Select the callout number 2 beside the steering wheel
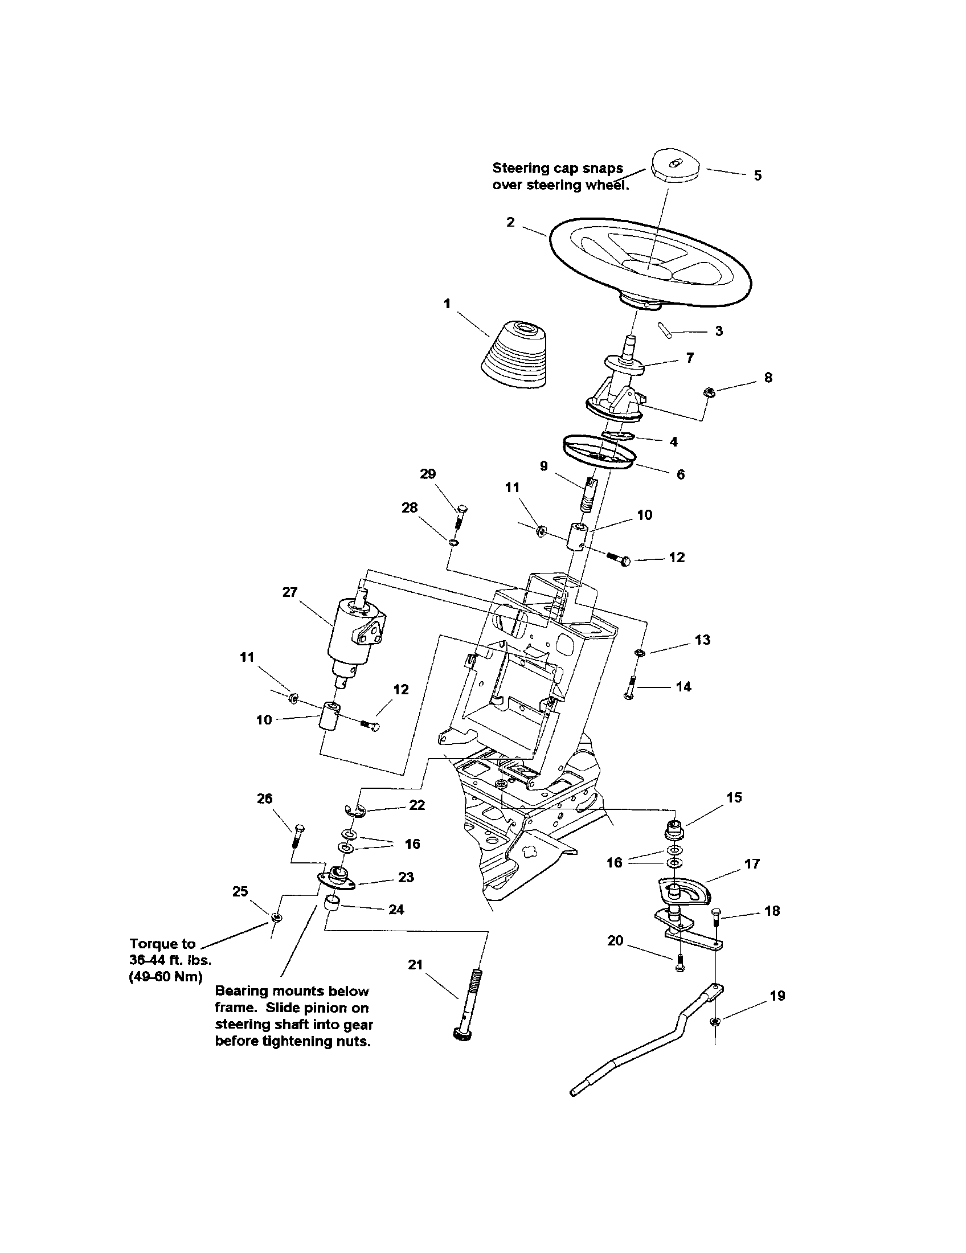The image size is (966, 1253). tap(510, 222)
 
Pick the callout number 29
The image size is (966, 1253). tap(428, 474)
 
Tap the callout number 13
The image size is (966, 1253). tap(702, 640)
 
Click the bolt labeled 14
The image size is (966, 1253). tap(630, 687)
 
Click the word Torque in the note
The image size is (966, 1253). tap(154, 943)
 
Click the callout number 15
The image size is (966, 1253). tap(734, 797)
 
